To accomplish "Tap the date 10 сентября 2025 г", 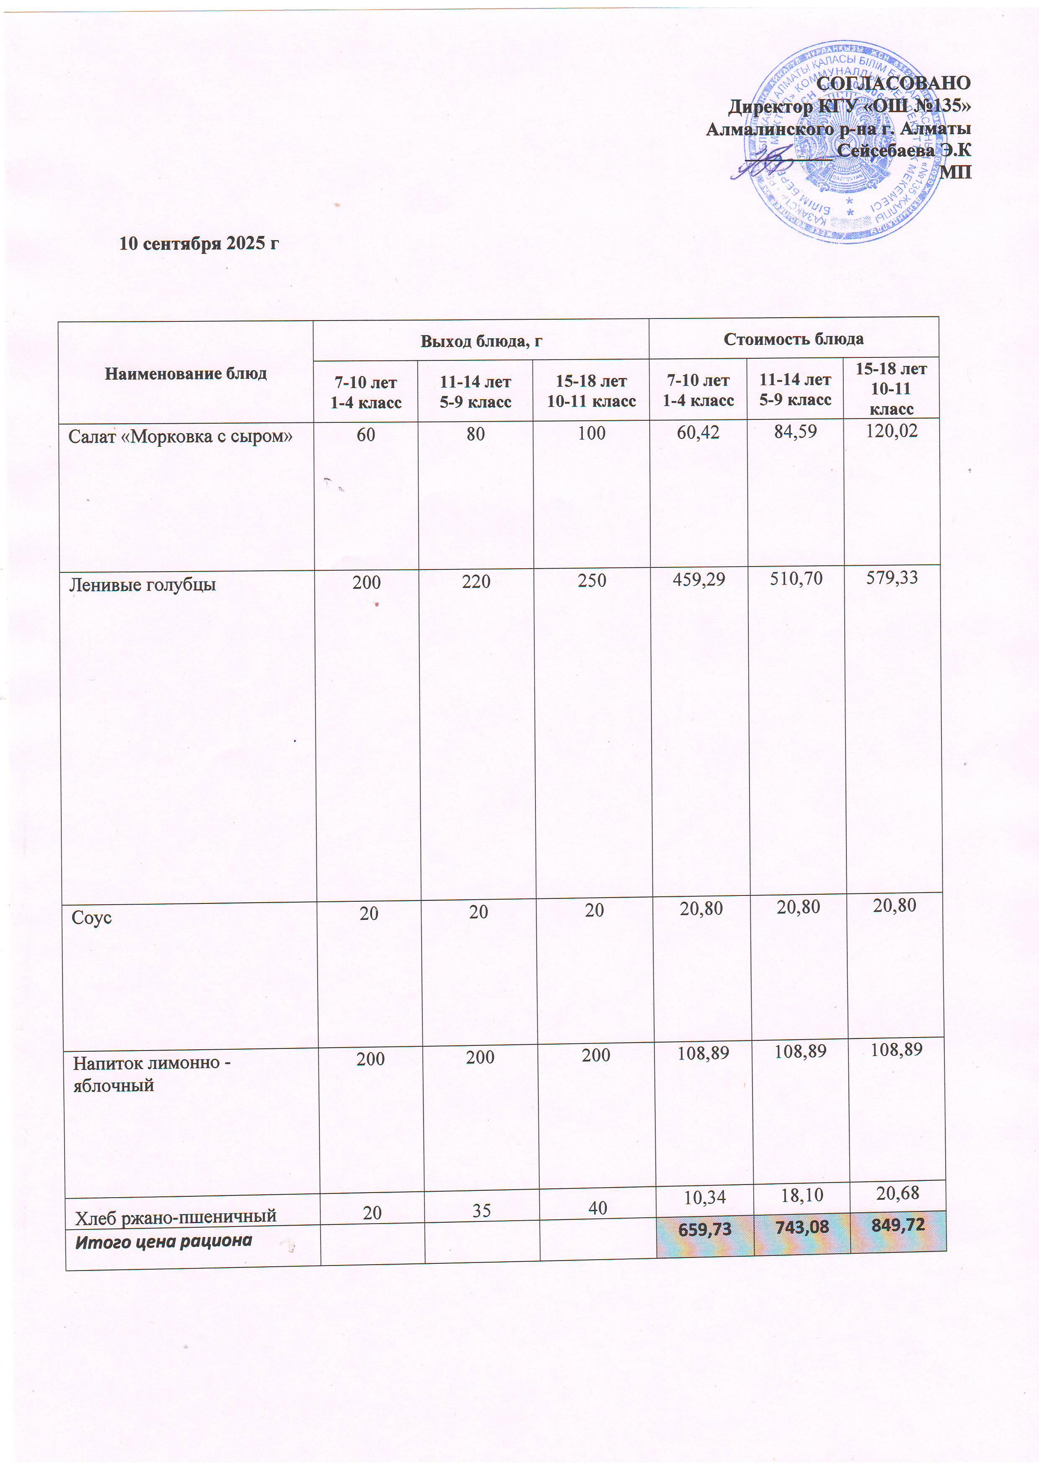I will tap(200, 243).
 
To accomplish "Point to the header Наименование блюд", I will tap(186, 373).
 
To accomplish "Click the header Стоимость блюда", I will tap(793, 339).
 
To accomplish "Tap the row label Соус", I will tap(92, 917).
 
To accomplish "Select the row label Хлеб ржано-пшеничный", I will tap(176, 1216).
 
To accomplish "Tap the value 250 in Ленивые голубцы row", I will tap(592, 581).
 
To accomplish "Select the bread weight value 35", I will tap(481, 1210).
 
